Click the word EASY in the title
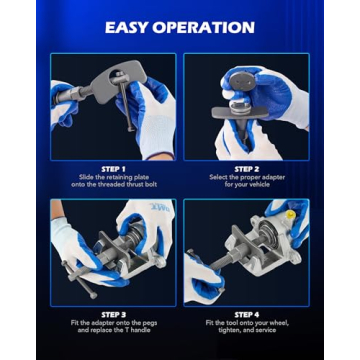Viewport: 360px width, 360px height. click(x=131, y=26)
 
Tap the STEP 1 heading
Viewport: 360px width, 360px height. click(x=113, y=169)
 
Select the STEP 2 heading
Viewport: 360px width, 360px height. click(x=247, y=169)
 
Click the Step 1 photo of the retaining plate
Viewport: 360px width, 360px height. click(x=113, y=107)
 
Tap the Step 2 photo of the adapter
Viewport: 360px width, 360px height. click(x=247, y=107)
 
